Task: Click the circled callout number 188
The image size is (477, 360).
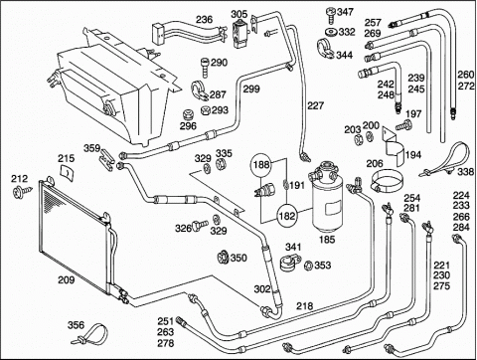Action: pyautogui.click(x=261, y=164)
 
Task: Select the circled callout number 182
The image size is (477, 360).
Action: pyautogui.click(x=286, y=216)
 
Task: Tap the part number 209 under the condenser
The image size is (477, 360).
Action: pyautogui.click(x=67, y=280)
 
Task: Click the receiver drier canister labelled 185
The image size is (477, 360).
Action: pyautogui.click(x=326, y=197)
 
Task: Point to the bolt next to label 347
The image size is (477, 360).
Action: pyautogui.click(x=331, y=16)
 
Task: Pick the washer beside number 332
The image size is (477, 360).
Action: pyautogui.click(x=331, y=33)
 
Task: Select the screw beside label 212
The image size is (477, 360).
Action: pyautogui.click(x=23, y=191)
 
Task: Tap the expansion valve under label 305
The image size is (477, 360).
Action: pyautogui.click(x=238, y=34)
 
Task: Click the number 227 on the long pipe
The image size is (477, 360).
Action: pyautogui.click(x=315, y=105)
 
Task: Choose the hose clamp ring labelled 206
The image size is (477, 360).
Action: pyautogui.click(x=387, y=181)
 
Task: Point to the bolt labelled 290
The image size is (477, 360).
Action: pyautogui.click(x=205, y=68)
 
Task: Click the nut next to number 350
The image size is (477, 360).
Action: pyautogui.click(x=224, y=258)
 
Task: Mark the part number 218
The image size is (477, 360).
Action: pyautogui.click(x=304, y=305)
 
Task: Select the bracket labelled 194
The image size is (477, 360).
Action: pyautogui.click(x=394, y=146)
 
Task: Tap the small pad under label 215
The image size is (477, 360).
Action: pyautogui.click(x=67, y=173)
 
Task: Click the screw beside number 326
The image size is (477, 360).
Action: pyautogui.click(x=200, y=226)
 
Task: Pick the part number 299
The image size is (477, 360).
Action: pyautogui.click(x=251, y=89)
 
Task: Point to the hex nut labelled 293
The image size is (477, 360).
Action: pyautogui.click(x=206, y=110)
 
